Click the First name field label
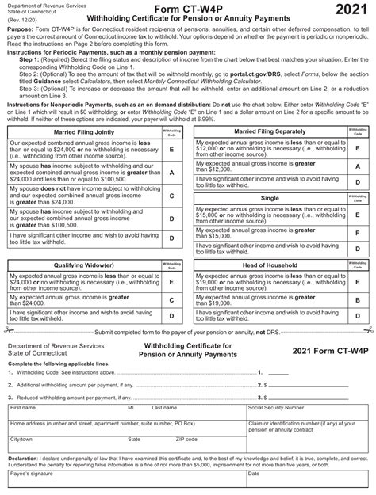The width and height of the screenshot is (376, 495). (x=24, y=407)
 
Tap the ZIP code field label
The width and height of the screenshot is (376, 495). (x=186, y=438)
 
